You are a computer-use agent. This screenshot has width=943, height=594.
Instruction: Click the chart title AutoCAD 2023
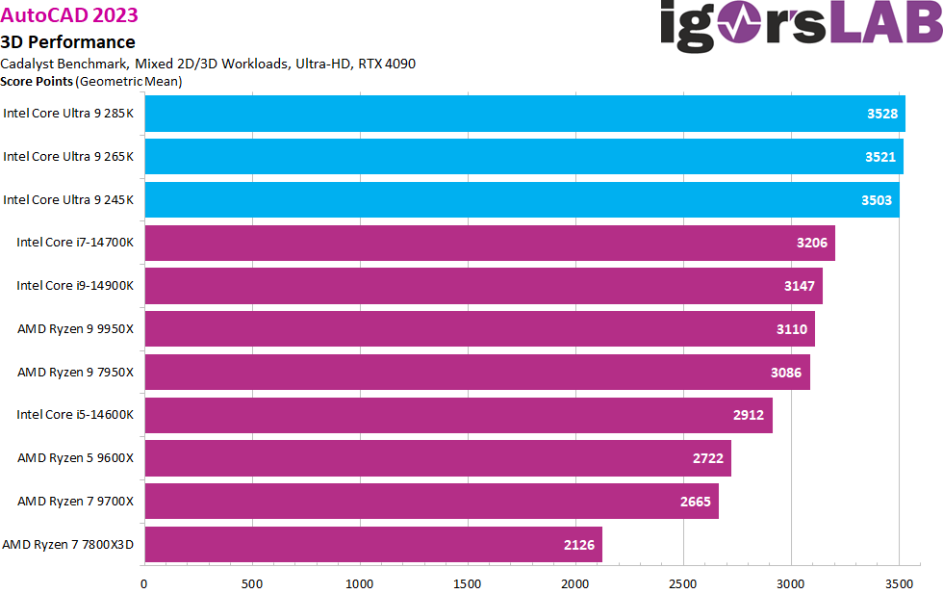(x=69, y=14)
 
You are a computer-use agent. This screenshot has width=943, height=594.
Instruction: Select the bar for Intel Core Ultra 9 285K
(x=524, y=114)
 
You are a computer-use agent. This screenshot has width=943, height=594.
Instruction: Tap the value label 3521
(x=881, y=157)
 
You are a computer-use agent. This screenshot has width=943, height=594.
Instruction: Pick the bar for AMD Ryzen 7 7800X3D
(x=373, y=545)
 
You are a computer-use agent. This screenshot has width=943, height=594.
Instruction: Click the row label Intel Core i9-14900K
(x=75, y=286)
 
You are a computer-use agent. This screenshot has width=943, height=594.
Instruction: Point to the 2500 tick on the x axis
(x=683, y=582)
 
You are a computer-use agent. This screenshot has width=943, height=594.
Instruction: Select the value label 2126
(x=579, y=545)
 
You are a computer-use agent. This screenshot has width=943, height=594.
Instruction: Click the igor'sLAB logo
(x=801, y=25)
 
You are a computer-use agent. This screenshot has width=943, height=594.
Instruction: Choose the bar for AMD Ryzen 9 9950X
(x=479, y=329)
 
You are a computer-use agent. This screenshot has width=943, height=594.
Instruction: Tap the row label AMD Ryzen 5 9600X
(x=75, y=458)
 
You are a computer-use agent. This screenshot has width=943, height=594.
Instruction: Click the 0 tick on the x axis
(x=144, y=582)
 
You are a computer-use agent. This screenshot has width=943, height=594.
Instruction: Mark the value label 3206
(x=812, y=243)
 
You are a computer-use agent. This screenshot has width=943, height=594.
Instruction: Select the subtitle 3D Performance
(x=68, y=41)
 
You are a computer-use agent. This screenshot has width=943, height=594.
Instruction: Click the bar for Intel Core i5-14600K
(x=458, y=415)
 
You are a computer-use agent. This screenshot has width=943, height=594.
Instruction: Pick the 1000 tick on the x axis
(x=360, y=582)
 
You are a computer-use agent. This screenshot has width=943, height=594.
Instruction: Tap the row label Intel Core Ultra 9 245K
(x=68, y=199)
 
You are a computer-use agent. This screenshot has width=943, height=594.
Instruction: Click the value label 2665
(x=696, y=502)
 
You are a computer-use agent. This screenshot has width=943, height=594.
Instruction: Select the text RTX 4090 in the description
(x=387, y=64)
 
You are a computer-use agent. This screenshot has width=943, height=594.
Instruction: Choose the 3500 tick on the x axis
(x=899, y=582)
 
